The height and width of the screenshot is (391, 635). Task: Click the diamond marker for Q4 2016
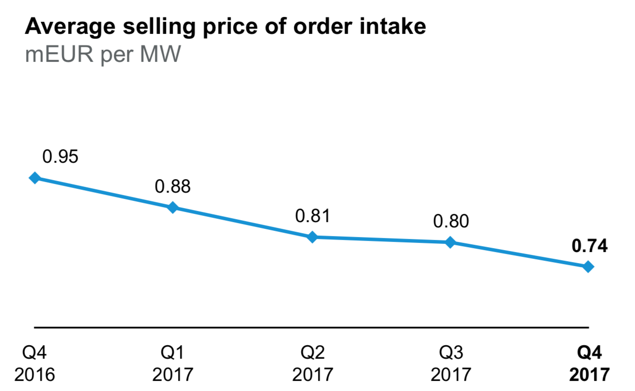click(x=35, y=178)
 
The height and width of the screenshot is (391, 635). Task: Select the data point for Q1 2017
click(x=173, y=208)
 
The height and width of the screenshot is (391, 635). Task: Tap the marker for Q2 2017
click(x=312, y=237)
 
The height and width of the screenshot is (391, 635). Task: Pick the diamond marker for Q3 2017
click(x=450, y=242)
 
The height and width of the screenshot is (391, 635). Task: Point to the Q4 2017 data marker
click(x=588, y=266)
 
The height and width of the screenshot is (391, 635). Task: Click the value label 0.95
click(x=60, y=156)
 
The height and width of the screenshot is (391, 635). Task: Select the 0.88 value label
click(x=173, y=186)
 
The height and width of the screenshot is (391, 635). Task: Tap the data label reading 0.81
click(x=313, y=216)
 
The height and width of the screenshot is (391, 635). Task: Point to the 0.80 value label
click(x=451, y=221)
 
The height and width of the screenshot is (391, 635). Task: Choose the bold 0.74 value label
click(x=589, y=246)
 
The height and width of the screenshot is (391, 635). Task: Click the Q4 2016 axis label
click(x=35, y=363)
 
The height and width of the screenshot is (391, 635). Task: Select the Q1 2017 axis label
click(x=173, y=363)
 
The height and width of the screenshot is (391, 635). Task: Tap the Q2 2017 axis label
click(x=312, y=363)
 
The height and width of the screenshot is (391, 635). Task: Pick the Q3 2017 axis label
click(x=451, y=363)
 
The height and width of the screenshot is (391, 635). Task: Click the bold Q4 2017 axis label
click(x=589, y=363)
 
